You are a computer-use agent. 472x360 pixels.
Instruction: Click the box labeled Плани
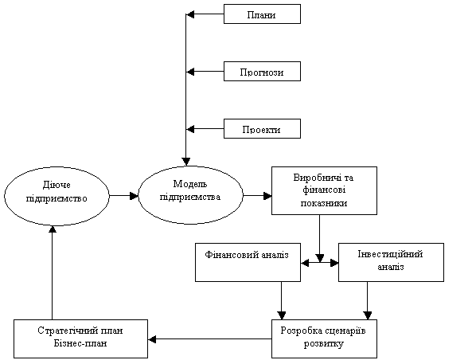click(262, 14)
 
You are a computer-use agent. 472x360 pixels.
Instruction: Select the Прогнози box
click(262, 72)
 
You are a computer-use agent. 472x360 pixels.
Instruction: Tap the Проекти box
click(262, 129)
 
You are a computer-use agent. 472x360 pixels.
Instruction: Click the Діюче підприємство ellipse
click(57, 197)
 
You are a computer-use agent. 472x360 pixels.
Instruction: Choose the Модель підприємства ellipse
click(190, 195)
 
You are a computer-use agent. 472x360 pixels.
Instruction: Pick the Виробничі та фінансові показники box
click(324, 190)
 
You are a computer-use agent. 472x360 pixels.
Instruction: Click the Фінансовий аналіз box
click(248, 262)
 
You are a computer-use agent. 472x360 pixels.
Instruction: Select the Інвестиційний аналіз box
click(391, 262)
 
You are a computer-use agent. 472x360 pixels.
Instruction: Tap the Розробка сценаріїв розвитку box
click(324, 339)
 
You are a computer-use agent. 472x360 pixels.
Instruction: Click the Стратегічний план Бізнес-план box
click(80, 339)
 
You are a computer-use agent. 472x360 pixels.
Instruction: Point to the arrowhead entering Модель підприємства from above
click(186, 162)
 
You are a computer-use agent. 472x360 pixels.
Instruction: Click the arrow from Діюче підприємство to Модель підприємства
click(123, 196)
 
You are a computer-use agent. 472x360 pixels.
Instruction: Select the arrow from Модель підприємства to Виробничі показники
click(257, 196)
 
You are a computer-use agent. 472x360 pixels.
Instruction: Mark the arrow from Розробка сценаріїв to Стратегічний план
click(210, 339)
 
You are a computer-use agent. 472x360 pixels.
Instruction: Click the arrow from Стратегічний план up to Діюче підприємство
click(53, 272)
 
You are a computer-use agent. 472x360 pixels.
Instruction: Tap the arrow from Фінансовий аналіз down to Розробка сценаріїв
click(282, 300)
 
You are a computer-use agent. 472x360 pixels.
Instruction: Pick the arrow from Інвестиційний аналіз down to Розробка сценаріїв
click(367, 300)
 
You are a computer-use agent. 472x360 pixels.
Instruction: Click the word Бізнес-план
click(80, 343)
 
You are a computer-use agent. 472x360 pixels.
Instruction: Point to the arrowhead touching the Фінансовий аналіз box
click(305, 263)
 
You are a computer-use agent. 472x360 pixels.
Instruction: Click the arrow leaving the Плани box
click(205, 14)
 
